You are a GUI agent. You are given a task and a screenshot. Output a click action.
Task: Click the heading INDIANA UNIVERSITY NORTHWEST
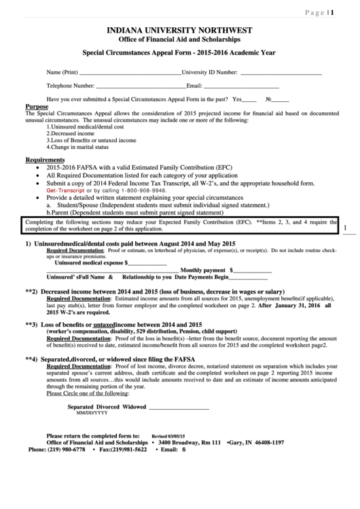180,31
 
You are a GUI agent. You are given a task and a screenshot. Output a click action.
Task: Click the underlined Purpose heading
37,107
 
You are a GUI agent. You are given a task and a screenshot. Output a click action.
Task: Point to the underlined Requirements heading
45,160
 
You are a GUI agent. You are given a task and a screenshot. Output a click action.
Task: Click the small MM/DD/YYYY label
92,413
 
